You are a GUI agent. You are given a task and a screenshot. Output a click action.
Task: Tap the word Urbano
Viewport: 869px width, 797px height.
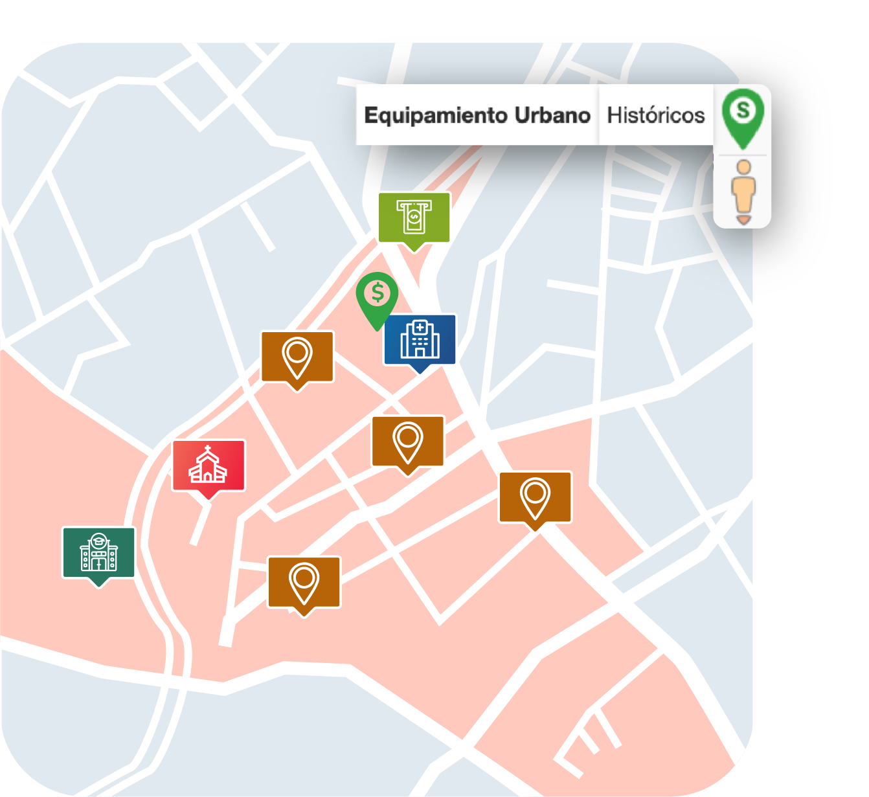pyautogui.click(x=552, y=115)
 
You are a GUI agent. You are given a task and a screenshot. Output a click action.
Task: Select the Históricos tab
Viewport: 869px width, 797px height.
pyautogui.click(x=655, y=115)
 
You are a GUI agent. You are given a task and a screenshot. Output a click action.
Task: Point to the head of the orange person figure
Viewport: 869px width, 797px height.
pyautogui.click(x=744, y=167)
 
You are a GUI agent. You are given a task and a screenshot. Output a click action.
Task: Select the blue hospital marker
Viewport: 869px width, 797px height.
pyautogui.click(x=420, y=341)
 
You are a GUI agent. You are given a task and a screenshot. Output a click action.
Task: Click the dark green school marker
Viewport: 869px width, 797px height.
pyautogui.click(x=98, y=553)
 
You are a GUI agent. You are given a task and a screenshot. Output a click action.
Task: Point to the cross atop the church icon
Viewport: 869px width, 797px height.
pyautogui.click(x=207, y=448)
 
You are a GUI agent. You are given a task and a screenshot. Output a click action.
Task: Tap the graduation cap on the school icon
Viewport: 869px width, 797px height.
pyautogui.click(x=98, y=539)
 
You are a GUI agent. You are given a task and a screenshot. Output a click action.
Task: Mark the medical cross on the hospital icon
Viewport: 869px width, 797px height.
pyautogui.click(x=420, y=328)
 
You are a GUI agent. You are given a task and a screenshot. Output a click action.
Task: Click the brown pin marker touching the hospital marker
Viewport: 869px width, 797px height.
pyautogui.click(x=297, y=357)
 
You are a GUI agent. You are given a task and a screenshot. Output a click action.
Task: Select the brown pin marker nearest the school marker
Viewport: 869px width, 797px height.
pyautogui.click(x=304, y=583)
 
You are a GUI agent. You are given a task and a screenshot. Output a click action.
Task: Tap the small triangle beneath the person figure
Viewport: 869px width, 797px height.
pyautogui.click(x=743, y=221)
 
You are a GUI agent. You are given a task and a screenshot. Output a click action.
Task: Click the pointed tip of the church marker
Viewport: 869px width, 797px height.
pyautogui.click(x=208, y=499)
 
